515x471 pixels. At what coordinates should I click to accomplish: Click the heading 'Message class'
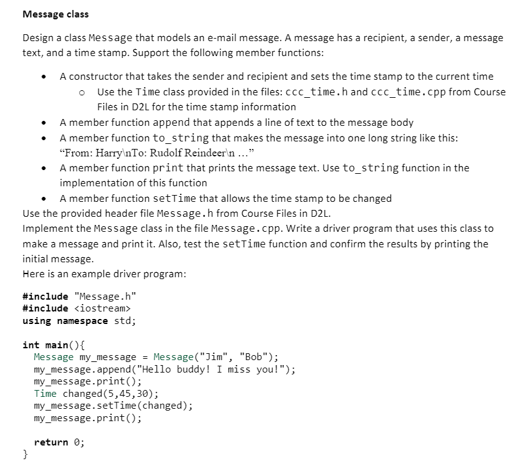pyautogui.click(x=55, y=14)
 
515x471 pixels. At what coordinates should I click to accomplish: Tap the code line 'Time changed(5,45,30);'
pyautogui.click(x=96, y=394)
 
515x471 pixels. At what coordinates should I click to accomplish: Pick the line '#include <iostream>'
pyautogui.click(x=76, y=308)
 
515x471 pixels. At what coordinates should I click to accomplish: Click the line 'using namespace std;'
pyautogui.click(x=79, y=321)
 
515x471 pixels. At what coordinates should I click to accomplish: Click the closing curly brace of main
pyautogui.click(x=26, y=455)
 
